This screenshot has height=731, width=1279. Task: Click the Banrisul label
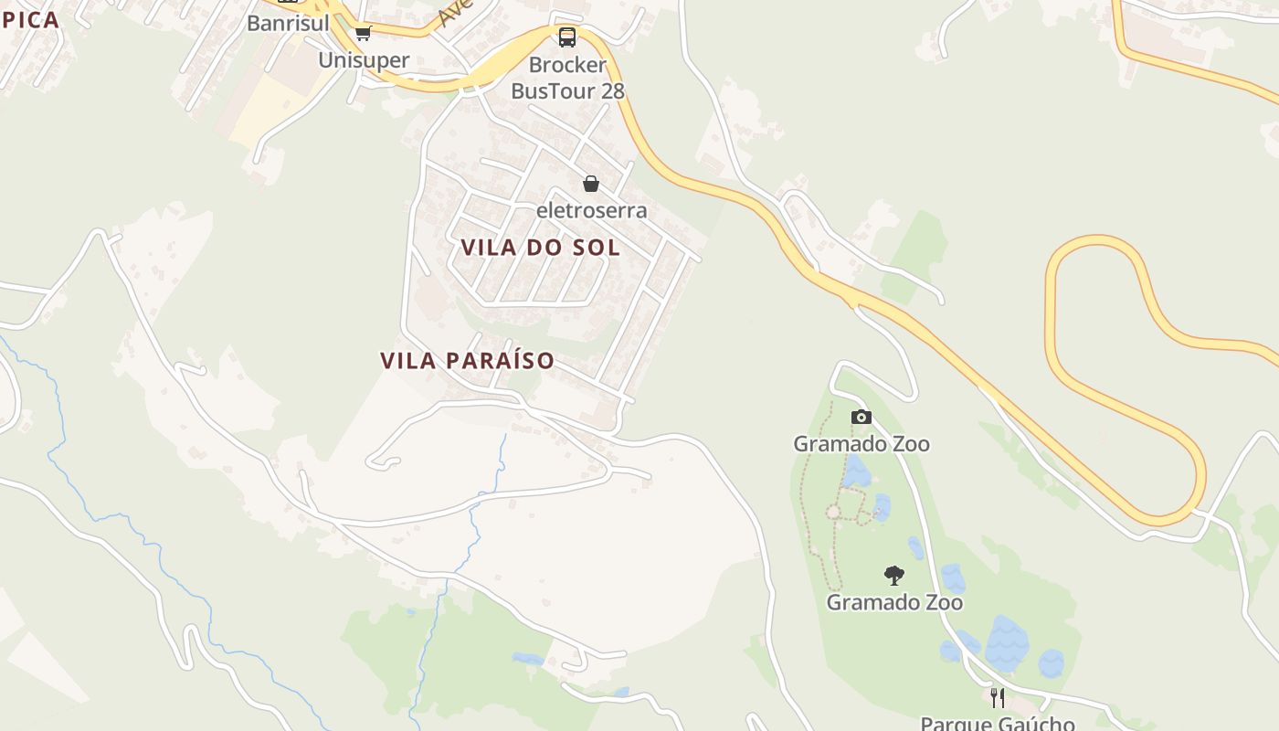(x=288, y=23)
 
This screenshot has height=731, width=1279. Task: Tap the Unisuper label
(x=364, y=60)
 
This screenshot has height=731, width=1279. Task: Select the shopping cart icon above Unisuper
(x=364, y=34)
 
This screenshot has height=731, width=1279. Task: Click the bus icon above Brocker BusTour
(x=567, y=37)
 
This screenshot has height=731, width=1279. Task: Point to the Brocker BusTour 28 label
(x=567, y=78)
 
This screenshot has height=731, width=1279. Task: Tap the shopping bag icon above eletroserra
(x=591, y=184)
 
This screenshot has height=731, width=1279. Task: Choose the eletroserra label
(x=591, y=210)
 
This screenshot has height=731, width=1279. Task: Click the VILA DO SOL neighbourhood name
(x=540, y=248)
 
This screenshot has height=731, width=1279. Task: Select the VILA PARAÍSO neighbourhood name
(x=467, y=360)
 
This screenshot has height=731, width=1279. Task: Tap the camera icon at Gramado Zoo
(x=861, y=418)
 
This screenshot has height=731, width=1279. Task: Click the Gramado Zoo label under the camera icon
(x=861, y=444)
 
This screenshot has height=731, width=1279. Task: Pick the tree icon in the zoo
(x=894, y=576)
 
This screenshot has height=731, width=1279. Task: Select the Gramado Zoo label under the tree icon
(x=894, y=603)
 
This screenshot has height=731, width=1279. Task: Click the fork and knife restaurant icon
(x=998, y=698)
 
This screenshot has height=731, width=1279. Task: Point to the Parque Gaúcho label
(x=998, y=723)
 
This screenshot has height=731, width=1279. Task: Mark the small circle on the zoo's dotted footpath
(x=833, y=512)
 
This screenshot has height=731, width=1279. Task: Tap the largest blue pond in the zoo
(x=1006, y=643)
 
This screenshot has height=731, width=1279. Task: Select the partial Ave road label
(x=453, y=13)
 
